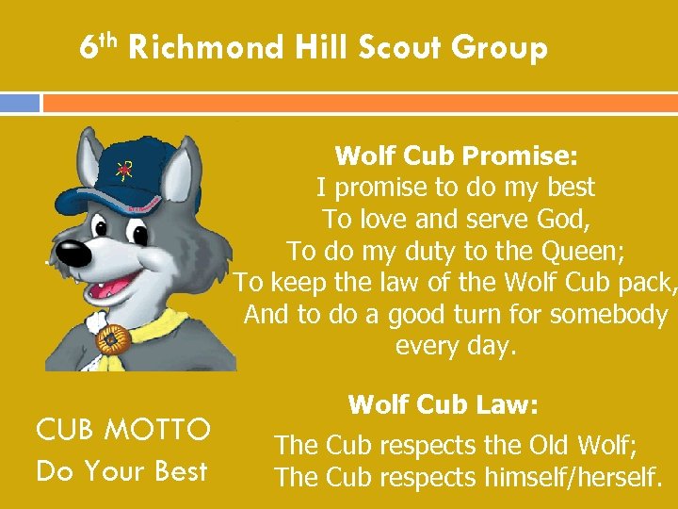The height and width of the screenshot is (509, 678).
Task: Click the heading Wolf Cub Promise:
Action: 455,155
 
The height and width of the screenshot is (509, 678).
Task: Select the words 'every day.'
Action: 456,346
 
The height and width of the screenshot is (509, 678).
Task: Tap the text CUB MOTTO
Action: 123,430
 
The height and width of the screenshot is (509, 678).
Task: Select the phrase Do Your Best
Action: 121,470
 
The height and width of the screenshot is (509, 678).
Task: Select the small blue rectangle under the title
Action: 20,103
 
